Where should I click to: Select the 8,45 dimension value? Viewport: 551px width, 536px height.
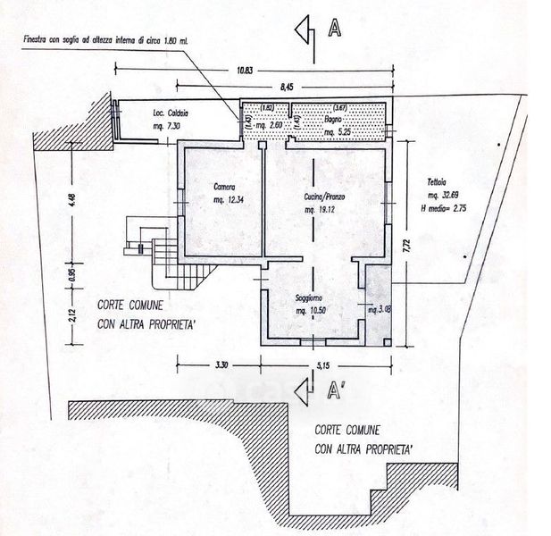tap(286, 88)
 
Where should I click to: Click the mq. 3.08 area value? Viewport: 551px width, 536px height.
tap(380, 310)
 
